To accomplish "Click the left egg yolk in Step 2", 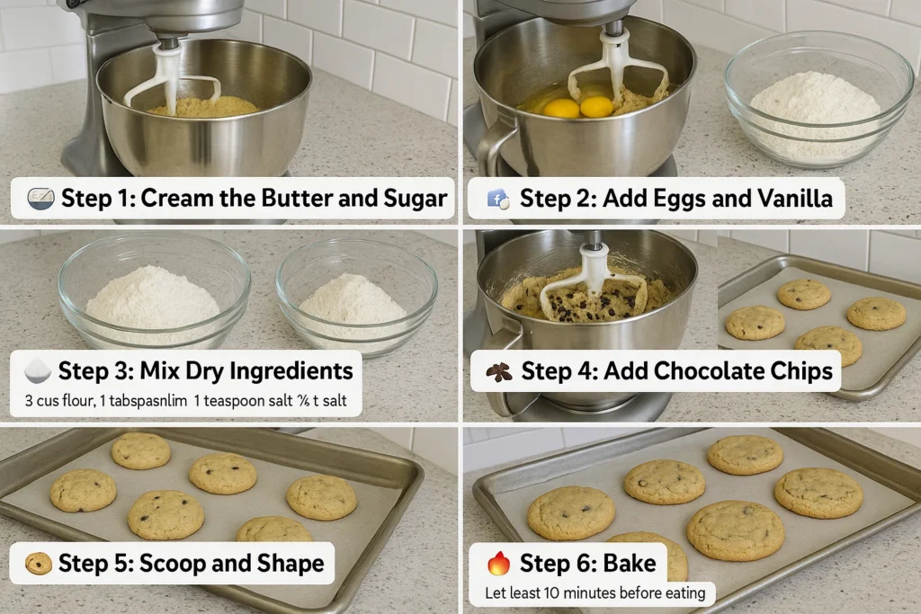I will tap(562, 108).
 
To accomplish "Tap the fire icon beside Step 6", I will tap(498, 564).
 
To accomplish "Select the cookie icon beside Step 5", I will tap(38, 564).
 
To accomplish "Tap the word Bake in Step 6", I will tap(629, 564).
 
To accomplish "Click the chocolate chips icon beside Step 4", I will tap(498, 371).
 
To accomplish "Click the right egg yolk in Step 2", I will tap(596, 107).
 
